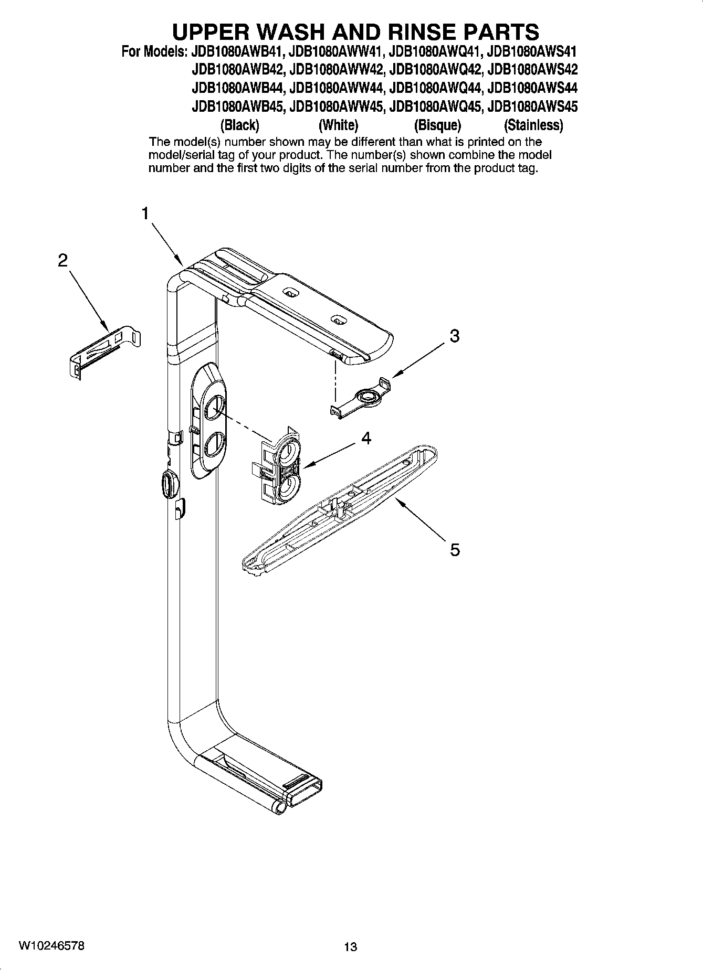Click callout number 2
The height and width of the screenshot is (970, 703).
(62, 260)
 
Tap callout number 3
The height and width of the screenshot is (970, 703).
(455, 336)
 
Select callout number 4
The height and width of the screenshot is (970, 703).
(366, 438)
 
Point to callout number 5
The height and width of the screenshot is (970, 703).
(455, 550)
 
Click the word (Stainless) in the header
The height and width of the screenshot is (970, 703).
(533, 125)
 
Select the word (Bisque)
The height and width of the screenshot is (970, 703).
(437, 125)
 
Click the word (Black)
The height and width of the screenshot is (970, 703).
(240, 125)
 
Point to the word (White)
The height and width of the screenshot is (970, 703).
(338, 125)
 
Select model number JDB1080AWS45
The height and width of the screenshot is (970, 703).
(532, 107)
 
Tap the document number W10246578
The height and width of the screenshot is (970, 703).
(51, 945)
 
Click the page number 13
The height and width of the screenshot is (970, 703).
(350, 947)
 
